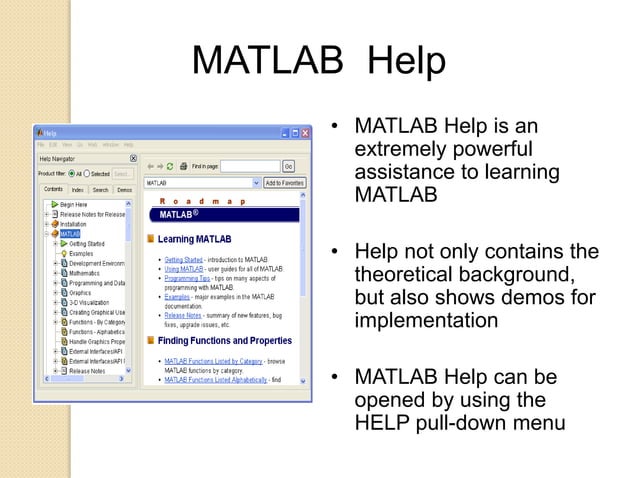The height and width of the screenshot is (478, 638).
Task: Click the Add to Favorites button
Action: coord(283,184)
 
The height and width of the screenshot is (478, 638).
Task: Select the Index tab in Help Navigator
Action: coord(77,189)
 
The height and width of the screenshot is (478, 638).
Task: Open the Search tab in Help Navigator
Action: coord(100,189)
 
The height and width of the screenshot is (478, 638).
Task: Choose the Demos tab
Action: coord(124,189)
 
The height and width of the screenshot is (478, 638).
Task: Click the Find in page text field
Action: coord(249,166)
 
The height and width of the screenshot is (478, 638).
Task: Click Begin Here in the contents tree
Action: coord(74,204)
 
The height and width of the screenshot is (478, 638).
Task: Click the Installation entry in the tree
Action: coord(75,224)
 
